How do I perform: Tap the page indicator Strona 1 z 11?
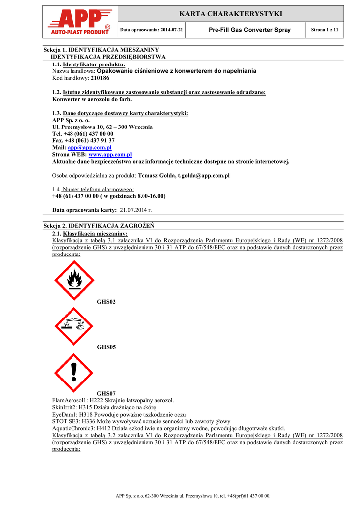pyautogui.click(x=324, y=30)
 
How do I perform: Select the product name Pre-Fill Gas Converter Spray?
pyautogui.click(x=250, y=30)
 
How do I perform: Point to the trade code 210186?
pyautogui.click(x=100, y=78)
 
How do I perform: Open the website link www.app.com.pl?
pyautogui.click(x=110, y=155)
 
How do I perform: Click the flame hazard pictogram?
pyautogui.click(x=74, y=280)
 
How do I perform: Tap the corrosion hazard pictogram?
pyautogui.click(x=74, y=326)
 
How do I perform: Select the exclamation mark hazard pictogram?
pyautogui.click(x=74, y=372)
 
